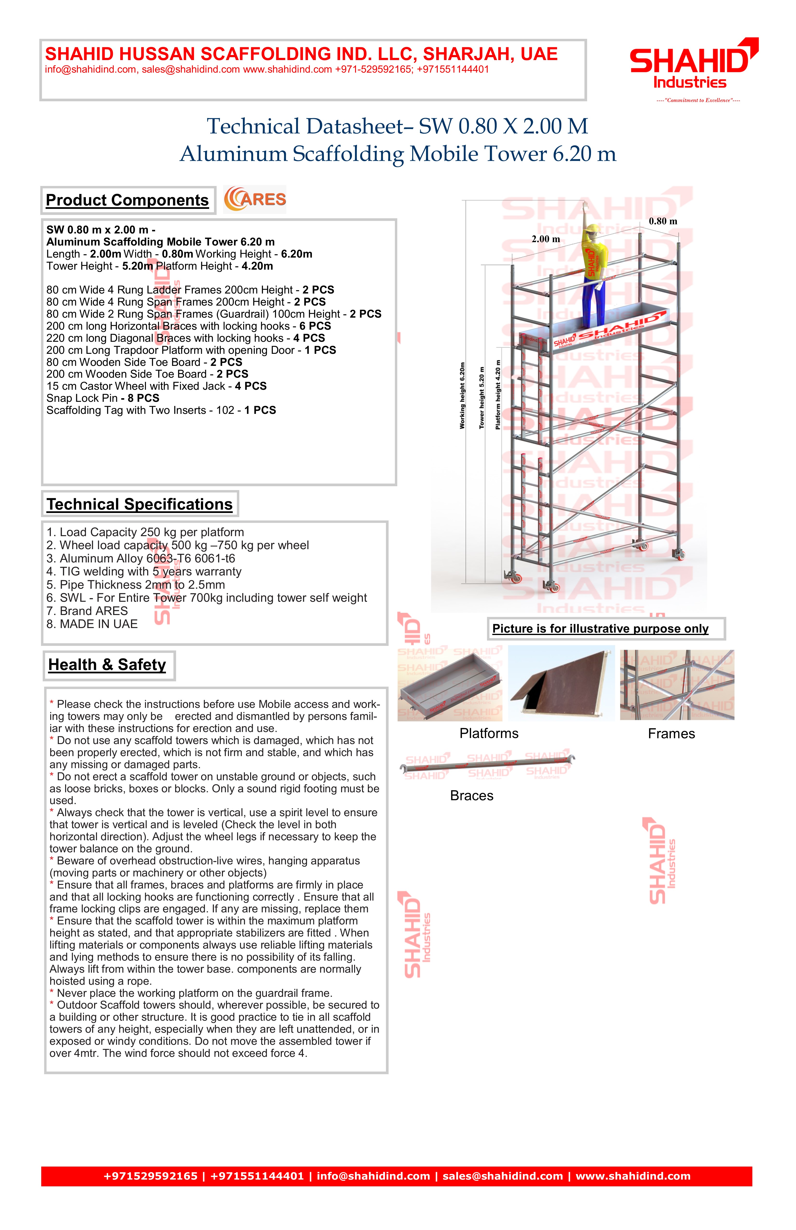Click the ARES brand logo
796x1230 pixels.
(x=255, y=199)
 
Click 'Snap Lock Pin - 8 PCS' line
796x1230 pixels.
(x=103, y=398)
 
